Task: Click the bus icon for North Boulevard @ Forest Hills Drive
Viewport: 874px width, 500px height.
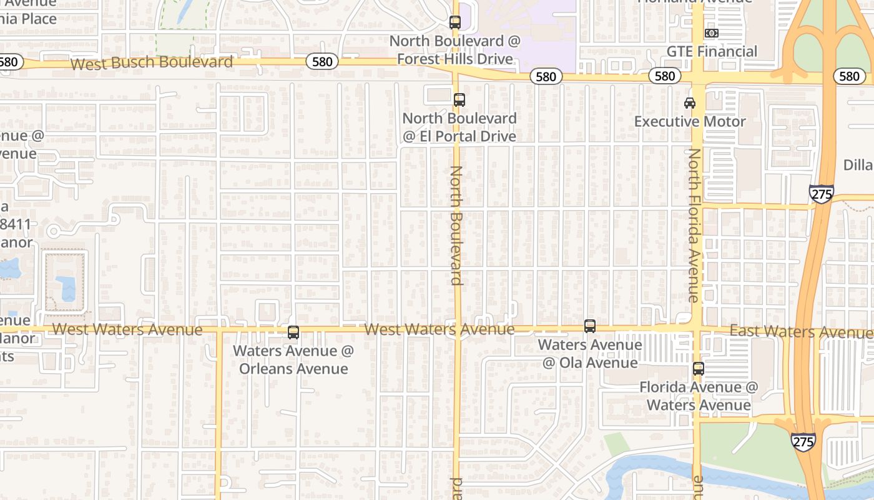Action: coord(455,22)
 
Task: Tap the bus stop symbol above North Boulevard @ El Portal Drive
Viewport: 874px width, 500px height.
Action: coord(459,99)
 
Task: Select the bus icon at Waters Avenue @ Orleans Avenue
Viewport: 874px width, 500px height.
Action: coord(293,332)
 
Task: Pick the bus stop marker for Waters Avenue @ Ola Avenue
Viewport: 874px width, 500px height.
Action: coord(590,326)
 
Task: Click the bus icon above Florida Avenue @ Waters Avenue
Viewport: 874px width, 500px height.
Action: coord(699,369)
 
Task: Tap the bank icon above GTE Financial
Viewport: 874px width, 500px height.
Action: coord(712,33)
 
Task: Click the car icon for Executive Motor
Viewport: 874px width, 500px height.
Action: coord(690,103)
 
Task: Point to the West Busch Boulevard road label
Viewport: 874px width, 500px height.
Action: coord(152,62)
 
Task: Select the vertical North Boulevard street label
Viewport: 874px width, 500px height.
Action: coord(456,225)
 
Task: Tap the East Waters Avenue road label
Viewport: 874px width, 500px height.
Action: coord(801,331)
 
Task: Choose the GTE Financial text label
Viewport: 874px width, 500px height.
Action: coord(712,51)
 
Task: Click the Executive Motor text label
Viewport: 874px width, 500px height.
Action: coord(690,121)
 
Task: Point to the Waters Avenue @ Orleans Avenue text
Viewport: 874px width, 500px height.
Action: coord(293,359)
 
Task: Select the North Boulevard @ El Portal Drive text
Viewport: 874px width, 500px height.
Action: coord(459,127)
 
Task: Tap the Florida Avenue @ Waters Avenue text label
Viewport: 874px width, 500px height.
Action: coord(699,396)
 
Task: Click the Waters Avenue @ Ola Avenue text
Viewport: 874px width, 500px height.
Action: coord(590,353)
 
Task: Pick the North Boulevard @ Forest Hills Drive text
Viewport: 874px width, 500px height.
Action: coord(455,50)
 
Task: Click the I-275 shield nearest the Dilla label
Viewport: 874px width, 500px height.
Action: coord(821,194)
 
